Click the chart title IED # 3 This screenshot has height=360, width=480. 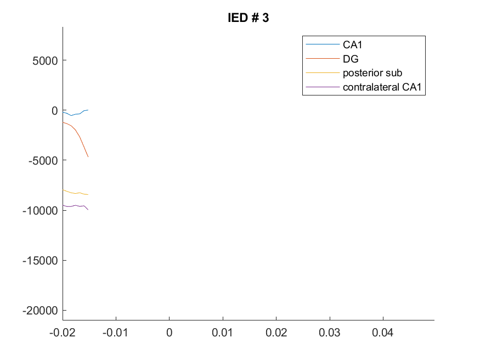tap(249, 18)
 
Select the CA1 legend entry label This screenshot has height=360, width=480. tap(352, 44)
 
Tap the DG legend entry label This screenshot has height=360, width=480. tap(351, 59)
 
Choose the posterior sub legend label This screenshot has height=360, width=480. tap(372, 73)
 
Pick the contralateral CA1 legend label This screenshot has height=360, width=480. tap(382, 87)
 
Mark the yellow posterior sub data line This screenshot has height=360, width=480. tap(75, 193)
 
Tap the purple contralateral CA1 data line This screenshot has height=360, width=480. tap(75, 206)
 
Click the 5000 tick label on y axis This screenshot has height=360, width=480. tap(45, 60)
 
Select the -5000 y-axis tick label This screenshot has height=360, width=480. tap(43, 160)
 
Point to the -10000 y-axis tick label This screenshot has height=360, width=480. tap(40, 211)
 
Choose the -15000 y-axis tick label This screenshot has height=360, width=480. tap(40, 261)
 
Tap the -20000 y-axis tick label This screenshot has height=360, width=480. tap(40, 311)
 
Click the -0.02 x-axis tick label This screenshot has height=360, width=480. tap(63, 333)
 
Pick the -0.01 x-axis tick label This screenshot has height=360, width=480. tap(115, 333)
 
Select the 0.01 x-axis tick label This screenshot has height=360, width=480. tap(222, 333)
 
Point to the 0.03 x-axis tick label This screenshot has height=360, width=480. tap(329, 333)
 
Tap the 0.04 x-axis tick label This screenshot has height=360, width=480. tap(383, 333)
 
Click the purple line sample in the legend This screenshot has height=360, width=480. tap(323, 87)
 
